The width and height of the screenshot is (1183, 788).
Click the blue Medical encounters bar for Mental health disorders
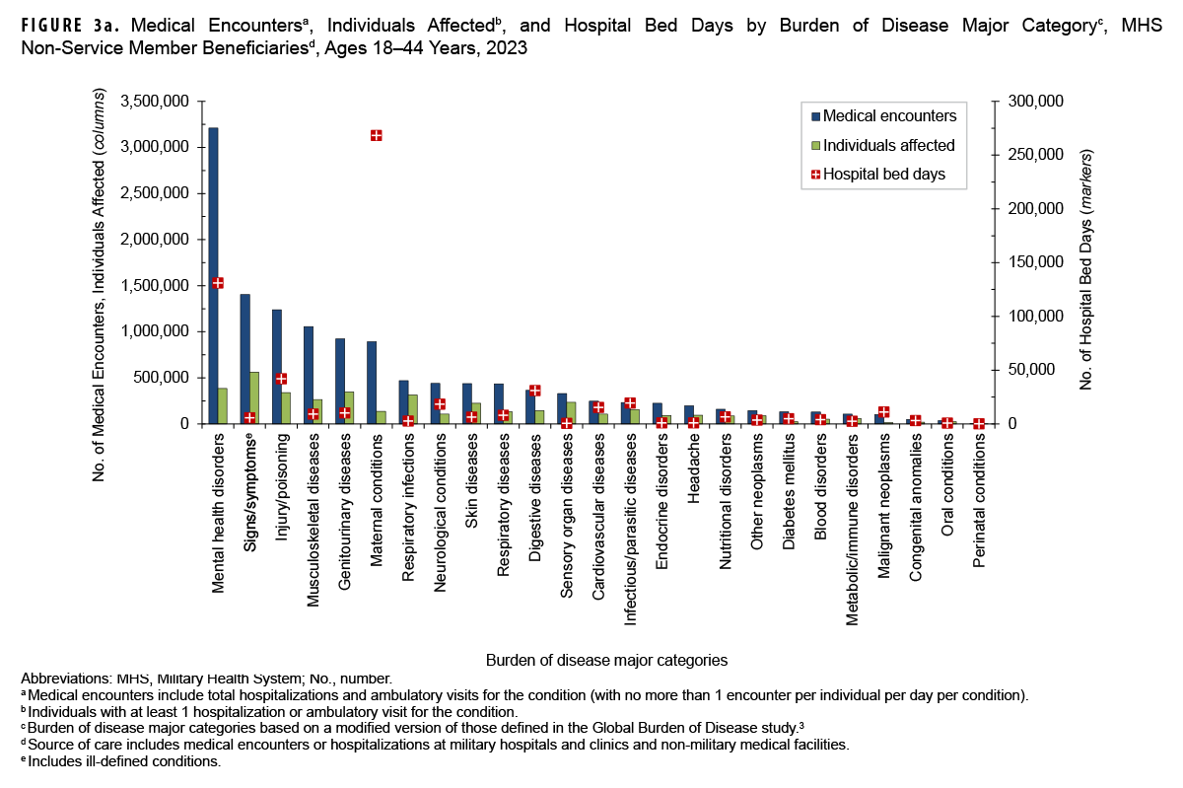tap(213, 276)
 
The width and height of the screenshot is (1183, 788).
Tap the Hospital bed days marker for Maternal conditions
tap(376, 135)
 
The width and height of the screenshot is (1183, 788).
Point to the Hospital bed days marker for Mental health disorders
tap(218, 283)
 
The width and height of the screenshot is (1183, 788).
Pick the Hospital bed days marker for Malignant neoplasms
tap(883, 412)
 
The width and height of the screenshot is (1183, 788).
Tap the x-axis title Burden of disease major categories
tap(606, 658)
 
